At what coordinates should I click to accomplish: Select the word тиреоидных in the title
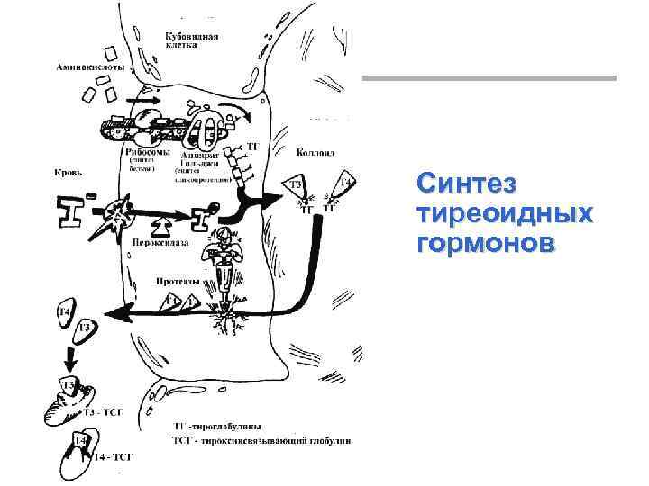click(506, 215)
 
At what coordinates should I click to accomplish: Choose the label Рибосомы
click(143, 154)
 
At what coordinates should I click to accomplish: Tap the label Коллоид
click(315, 154)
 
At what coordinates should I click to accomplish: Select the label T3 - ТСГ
click(101, 412)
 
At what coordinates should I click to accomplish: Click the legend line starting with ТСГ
click(261, 441)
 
